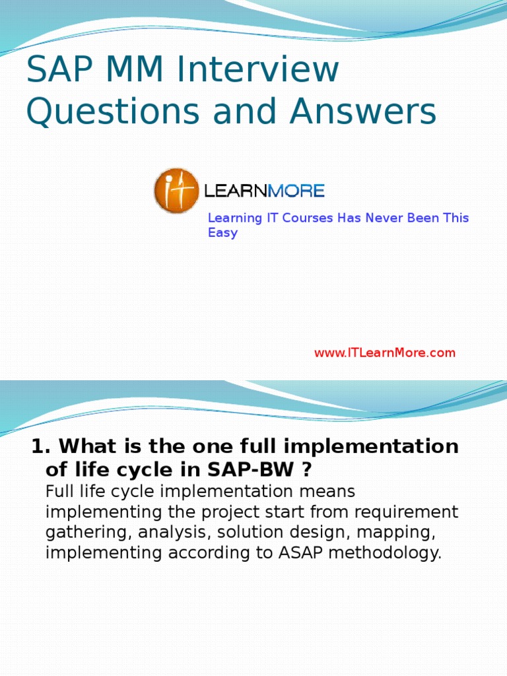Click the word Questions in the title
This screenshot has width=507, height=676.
pos(113,112)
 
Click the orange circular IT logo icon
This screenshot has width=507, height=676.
pos(176,191)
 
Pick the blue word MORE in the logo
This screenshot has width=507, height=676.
pos(296,191)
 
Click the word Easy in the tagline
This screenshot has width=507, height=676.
pos(222,233)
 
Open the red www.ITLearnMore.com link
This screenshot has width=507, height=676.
pos(384,353)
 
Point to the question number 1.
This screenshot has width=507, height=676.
pos(38,447)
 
